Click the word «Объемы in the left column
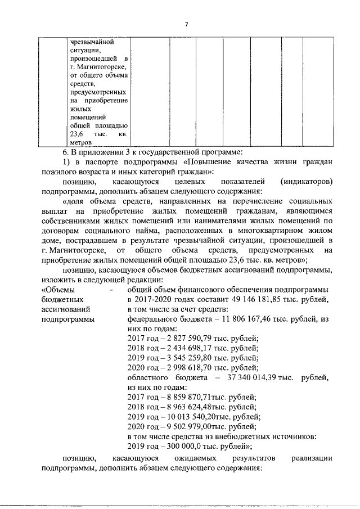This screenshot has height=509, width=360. [x=57, y=290]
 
